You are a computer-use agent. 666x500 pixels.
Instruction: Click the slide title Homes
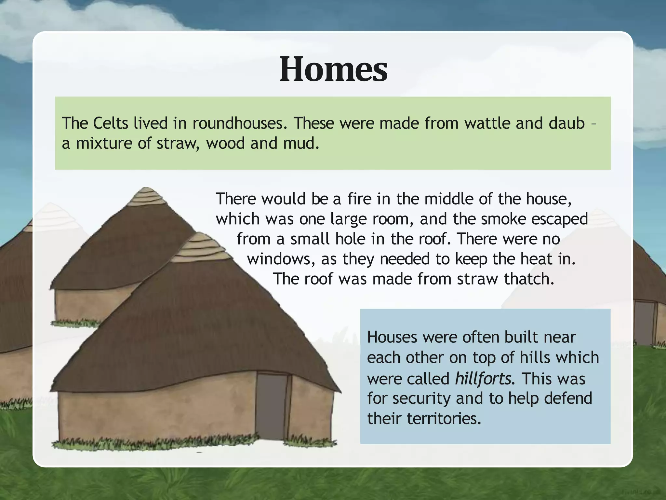pyautogui.click(x=333, y=69)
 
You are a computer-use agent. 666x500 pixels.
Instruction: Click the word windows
pyautogui.click(x=280, y=259)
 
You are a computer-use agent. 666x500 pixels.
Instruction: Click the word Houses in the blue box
pyautogui.click(x=392, y=337)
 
